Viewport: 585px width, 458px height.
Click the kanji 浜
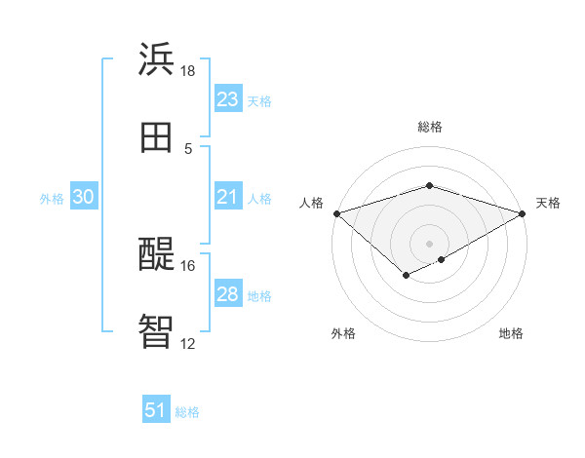point(157,59)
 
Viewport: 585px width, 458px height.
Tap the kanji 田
point(157,137)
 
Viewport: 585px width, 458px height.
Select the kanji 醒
point(157,254)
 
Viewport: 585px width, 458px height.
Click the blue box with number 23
point(227,99)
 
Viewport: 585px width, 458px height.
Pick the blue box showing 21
point(227,197)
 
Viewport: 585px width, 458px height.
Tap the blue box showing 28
point(227,294)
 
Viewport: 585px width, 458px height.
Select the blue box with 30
point(84,197)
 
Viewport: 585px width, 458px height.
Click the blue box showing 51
point(156,411)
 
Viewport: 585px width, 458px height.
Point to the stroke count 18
point(188,71)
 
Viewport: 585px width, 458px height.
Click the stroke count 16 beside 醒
point(188,265)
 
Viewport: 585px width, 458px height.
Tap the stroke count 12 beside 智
point(188,343)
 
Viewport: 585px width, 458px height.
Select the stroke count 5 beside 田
point(188,148)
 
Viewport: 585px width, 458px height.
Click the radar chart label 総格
point(429,127)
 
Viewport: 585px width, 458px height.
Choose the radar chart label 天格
point(548,203)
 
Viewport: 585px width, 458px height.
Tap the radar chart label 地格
point(511,333)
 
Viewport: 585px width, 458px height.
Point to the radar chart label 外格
point(343,333)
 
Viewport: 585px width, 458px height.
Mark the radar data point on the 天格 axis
point(524,212)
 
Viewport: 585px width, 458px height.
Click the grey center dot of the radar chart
point(429,243)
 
